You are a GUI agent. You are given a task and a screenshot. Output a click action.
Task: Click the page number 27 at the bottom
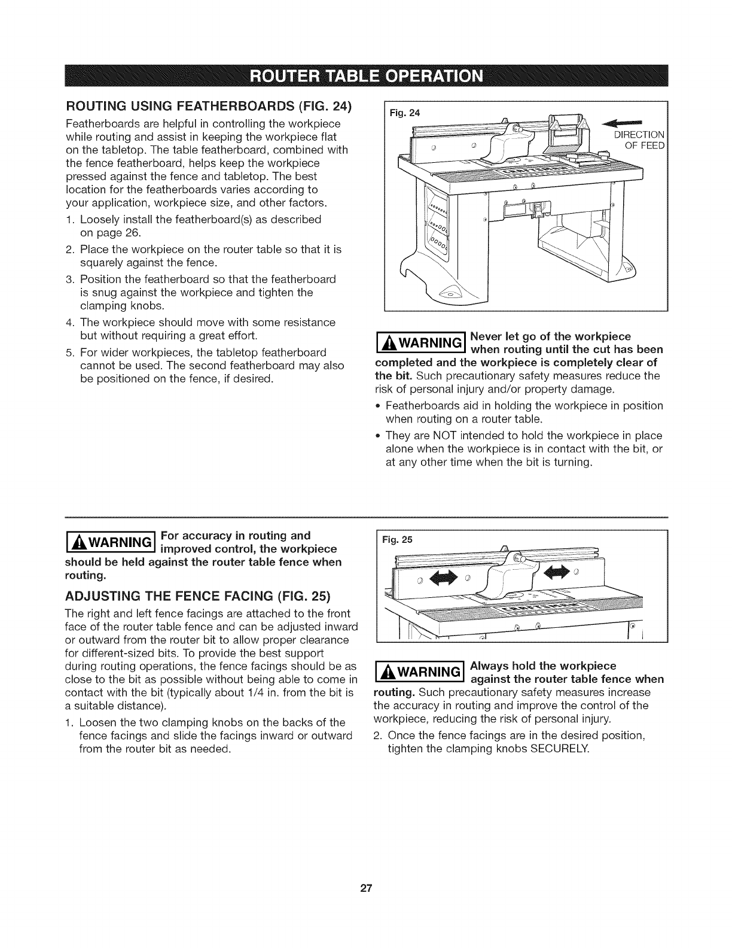tap(366, 889)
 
